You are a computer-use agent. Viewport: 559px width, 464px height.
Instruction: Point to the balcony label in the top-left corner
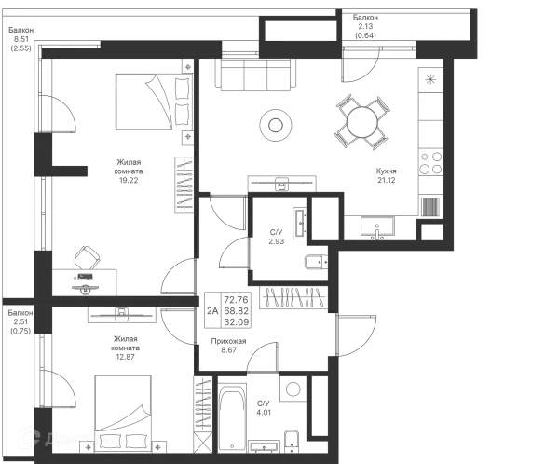19,36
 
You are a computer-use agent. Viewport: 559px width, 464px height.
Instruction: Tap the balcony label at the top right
368,26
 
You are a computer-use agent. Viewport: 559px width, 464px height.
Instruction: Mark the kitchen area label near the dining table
387,174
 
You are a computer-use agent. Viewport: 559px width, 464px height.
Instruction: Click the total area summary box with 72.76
292,298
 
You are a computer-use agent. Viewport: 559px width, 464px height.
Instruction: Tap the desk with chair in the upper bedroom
87,270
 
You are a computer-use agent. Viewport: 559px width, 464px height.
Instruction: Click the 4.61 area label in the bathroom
265,407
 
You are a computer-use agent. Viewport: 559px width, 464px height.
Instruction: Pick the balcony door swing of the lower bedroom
64,391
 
